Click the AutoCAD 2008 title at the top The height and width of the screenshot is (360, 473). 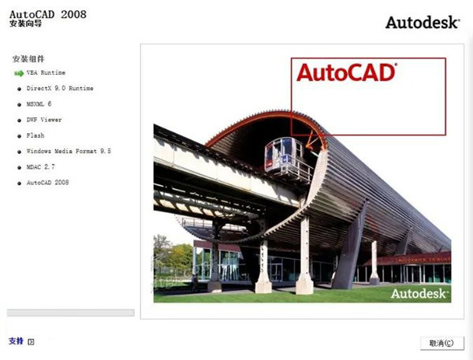coord(48,14)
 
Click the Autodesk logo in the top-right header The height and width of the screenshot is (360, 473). coord(422,22)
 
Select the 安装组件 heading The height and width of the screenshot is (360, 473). coord(28,59)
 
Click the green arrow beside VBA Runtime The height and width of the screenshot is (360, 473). coord(18,72)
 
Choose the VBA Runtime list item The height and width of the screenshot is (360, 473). coord(46,72)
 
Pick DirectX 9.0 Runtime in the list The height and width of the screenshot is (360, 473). coord(60,88)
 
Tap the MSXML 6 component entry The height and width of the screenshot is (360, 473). coord(39,104)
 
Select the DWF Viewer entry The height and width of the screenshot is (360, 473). coord(43,120)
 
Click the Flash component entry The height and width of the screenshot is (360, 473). coord(35,135)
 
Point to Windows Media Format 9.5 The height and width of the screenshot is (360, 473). coord(69,150)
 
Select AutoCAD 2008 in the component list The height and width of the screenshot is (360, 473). coord(48,182)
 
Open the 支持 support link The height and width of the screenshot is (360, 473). coord(16,341)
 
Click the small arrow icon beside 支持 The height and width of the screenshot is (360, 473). coord(32,342)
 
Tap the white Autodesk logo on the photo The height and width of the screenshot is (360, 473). coord(420,293)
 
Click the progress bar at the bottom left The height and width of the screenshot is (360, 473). coord(70,313)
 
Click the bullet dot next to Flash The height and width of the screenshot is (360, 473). coord(18,135)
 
